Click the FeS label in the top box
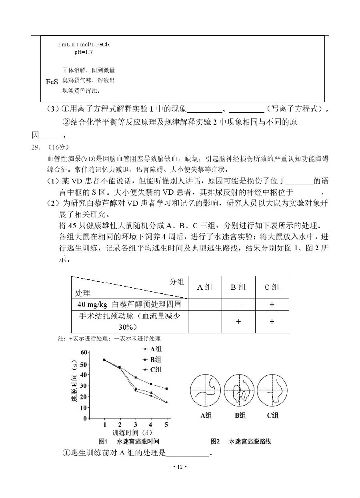pyautogui.click(x=52, y=82)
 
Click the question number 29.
pyautogui.click(x=37, y=147)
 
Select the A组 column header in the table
pyautogui.click(x=205, y=287)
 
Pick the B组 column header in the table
pyautogui.click(x=238, y=287)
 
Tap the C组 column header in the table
pyautogui.click(x=272, y=287)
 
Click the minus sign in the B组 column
pyautogui.click(x=238, y=304)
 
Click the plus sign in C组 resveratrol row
pyautogui.click(x=272, y=304)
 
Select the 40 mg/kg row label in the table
pyautogui.click(x=129, y=304)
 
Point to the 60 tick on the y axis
pyautogui.click(x=83, y=352)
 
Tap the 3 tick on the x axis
pyautogui.click(x=136, y=424)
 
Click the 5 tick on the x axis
pyautogui.click(x=166, y=424)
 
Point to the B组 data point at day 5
pyautogui.click(x=166, y=388)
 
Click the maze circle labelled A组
pyautogui.click(x=206, y=390)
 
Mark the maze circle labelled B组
pyautogui.click(x=240, y=390)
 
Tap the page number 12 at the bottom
pyautogui.click(x=180, y=467)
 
